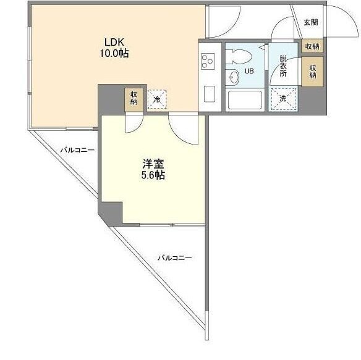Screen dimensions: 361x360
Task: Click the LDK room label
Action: [114, 43]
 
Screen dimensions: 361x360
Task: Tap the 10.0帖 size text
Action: [114, 54]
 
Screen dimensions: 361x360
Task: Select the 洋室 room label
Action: [153, 164]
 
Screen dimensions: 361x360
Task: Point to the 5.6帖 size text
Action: [153, 175]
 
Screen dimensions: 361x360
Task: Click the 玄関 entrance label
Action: [311, 22]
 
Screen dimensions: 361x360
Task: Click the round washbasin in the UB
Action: [233, 77]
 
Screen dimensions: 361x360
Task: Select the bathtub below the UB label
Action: [245, 100]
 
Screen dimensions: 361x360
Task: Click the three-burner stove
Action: [208, 61]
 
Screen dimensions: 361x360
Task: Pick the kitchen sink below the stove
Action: [210, 94]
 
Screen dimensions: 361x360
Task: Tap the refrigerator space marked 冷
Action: [157, 99]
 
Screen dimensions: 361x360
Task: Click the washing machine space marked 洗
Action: [283, 99]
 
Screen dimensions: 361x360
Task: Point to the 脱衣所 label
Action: [283, 66]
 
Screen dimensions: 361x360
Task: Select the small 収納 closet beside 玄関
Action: [312, 46]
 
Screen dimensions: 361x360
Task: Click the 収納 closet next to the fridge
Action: [134, 98]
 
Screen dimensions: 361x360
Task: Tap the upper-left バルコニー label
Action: [77, 151]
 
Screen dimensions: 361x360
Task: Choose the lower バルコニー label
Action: [175, 258]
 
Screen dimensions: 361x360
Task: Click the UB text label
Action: [249, 71]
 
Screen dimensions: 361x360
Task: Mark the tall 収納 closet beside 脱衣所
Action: [312, 72]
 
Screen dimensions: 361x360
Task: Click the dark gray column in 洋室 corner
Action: [111, 213]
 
